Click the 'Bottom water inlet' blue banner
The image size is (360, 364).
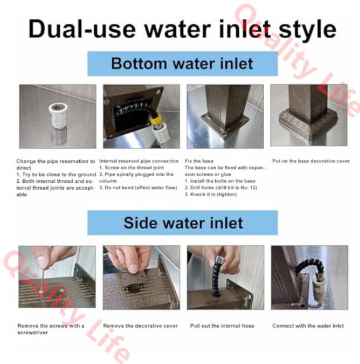182,64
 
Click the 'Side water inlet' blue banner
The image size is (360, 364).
182,223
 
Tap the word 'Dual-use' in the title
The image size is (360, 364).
82,29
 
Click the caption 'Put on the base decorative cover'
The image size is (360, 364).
311,161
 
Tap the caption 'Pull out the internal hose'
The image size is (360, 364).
222,326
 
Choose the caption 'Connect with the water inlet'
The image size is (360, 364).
308,326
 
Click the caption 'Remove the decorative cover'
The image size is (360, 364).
140,326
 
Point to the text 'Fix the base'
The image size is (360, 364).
199,161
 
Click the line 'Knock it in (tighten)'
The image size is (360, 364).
211,194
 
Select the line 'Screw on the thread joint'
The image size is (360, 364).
132,167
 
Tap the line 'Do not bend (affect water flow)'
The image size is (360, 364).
138,187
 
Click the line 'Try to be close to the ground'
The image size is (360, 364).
56,174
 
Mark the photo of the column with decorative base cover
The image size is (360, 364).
309,116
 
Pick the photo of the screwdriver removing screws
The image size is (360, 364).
57,277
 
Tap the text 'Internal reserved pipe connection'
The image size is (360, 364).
139,161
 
